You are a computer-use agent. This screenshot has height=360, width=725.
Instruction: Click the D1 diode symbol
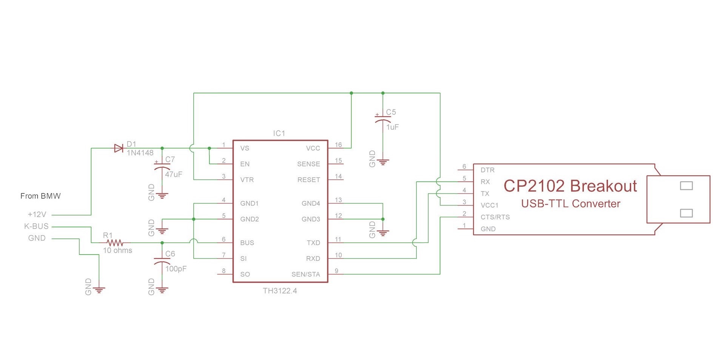click(x=119, y=148)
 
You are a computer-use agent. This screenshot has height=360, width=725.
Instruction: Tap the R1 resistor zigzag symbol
click(x=114, y=243)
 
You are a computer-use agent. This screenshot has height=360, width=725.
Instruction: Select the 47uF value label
click(x=174, y=174)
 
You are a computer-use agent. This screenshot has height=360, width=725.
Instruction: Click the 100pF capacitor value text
click(x=176, y=269)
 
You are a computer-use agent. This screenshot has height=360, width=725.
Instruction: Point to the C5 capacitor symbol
click(x=383, y=118)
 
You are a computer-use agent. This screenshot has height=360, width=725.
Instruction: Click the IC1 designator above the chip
click(x=279, y=133)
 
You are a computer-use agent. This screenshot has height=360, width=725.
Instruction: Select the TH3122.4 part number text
click(x=280, y=291)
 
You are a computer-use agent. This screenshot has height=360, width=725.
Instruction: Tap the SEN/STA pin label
click(x=305, y=274)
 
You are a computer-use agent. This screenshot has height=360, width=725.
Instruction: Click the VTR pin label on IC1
click(x=247, y=180)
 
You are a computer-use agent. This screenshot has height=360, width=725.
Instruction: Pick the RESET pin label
click(x=309, y=180)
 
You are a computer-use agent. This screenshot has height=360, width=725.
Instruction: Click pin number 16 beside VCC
click(x=338, y=145)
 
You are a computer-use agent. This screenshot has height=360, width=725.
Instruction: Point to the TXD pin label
click(x=313, y=243)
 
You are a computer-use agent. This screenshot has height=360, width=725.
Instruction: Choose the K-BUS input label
click(x=36, y=226)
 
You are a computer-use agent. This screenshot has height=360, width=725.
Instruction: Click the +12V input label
click(x=37, y=214)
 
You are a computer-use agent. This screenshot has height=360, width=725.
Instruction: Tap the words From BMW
click(x=40, y=196)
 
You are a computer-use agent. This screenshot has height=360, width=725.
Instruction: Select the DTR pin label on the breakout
click(x=487, y=170)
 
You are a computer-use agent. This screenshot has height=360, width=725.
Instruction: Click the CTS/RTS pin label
click(x=495, y=217)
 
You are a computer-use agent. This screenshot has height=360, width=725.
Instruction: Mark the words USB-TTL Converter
click(x=571, y=204)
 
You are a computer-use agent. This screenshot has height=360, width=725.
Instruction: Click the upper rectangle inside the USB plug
click(x=686, y=186)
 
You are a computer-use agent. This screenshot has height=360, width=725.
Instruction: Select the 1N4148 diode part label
click(x=140, y=153)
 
